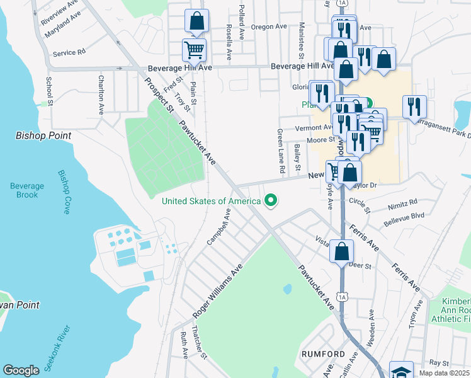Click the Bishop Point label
click(43, 135)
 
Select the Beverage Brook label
click(27, 190)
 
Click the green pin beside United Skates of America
click(271, 201)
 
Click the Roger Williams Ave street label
click(218, 290)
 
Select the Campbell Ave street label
click(219, 228)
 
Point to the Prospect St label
click(159, 96)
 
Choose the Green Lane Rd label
click(280, 151)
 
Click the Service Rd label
click(69, 54)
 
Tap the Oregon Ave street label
click(269, 27)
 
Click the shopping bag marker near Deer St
click(341, 251)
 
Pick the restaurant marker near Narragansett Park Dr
click(414, 106)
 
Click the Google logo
click(21, 370)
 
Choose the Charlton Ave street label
click(101, 94)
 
